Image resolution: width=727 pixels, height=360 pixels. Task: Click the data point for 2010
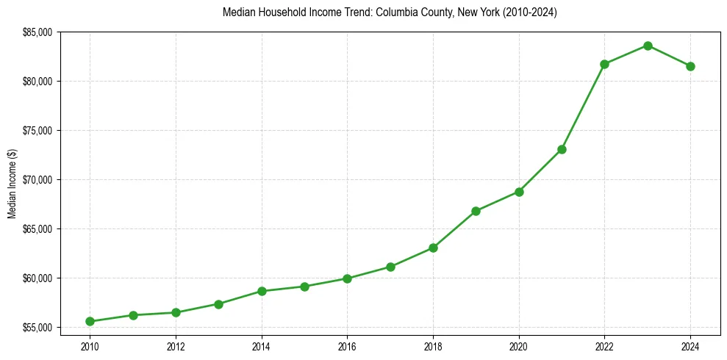coord(90,321)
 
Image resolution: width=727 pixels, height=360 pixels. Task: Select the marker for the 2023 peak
coord(648,46)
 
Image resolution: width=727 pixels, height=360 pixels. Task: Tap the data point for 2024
coord(691,66)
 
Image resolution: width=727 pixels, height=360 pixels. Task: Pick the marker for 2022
coord(605,64)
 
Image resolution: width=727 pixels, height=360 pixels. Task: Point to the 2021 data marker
coord(562,149)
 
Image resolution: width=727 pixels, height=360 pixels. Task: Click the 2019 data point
coord(476,211)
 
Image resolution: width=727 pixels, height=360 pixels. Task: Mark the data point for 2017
coord(390,267)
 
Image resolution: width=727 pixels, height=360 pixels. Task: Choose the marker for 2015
coord(304,287)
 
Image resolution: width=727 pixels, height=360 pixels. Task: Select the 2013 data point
coord(218,303)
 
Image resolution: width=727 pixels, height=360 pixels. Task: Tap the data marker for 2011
coord(133,315)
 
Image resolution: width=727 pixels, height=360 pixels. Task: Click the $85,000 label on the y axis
coord(38,32)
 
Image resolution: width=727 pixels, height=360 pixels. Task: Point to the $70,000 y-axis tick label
coord(38,180)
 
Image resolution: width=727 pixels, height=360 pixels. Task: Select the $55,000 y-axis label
coord(38,328)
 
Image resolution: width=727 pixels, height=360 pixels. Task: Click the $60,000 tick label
coord(38,278)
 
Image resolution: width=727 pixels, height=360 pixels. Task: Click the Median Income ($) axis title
coord(12,179)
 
